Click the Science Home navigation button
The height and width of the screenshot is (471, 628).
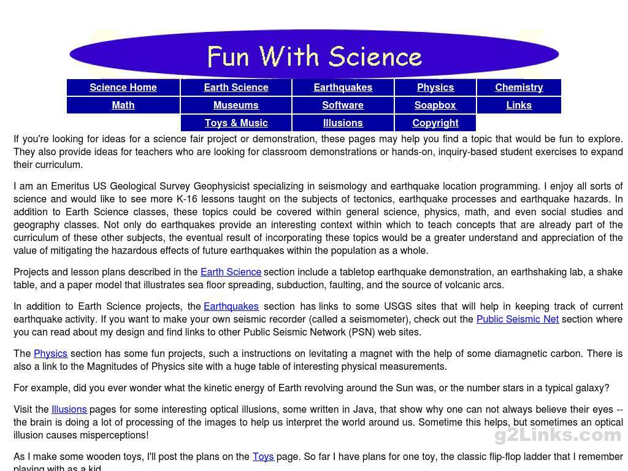click(123, 87)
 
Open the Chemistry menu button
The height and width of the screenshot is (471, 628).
click(519, 87)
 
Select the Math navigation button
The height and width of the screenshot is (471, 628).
click(123, 105)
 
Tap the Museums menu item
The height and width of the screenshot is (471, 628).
click(236, 105)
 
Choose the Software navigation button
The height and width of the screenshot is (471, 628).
click(343, 105)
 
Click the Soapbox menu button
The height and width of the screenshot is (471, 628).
click(435, 105)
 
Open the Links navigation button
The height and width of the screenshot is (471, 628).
click(519, 105)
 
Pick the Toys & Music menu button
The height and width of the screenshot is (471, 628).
click(236, 123)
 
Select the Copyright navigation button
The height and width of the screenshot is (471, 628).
click(435, 123)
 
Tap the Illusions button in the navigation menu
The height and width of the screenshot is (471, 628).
click(343, 123)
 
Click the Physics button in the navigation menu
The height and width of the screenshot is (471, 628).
click(435, 87)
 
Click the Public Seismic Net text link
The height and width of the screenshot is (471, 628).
click(517, 319)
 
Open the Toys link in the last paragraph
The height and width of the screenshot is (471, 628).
click(263, 456)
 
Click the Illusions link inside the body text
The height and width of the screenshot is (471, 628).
click(69, 409)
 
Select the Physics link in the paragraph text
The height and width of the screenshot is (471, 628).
click(50, 353)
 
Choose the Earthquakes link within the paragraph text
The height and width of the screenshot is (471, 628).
click(231, 306)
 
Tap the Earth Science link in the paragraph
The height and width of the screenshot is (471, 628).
click(231, 272)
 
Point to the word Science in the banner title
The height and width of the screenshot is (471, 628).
click(375, 56)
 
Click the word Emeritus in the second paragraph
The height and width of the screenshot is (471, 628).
click(71, 186)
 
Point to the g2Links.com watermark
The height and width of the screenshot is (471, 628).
click(557, 435)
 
